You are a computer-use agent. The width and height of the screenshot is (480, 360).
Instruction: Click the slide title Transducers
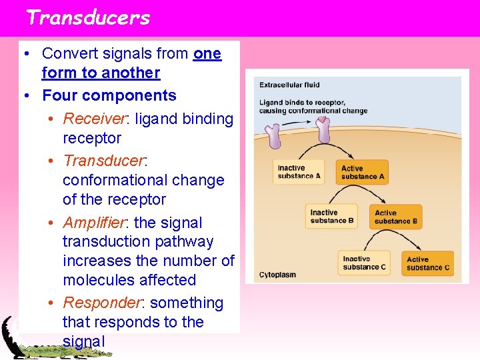(x=88, y=17)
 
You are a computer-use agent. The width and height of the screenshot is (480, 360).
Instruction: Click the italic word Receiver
(x=94, y=119)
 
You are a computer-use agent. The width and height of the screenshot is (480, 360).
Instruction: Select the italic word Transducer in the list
(x=104, y=161)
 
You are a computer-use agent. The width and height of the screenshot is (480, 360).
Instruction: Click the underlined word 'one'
(x=207, y=53)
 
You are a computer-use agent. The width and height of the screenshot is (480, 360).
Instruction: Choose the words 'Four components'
(x=109, y=95)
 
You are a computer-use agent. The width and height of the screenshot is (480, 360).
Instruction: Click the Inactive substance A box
(x=299, y=172)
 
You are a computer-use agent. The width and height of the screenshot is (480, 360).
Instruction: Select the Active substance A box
(x=363, y=173)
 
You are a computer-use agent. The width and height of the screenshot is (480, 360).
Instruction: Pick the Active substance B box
(x=396, y=217)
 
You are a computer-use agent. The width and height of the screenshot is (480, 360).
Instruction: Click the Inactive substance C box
(x=364, y=263)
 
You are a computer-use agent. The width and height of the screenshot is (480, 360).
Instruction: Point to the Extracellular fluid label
(x=289, y=85)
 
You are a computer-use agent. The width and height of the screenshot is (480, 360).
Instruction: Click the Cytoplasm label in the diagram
(x=277, y=275)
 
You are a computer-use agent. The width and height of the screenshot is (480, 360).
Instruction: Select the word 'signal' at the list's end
(x=83, y=341)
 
